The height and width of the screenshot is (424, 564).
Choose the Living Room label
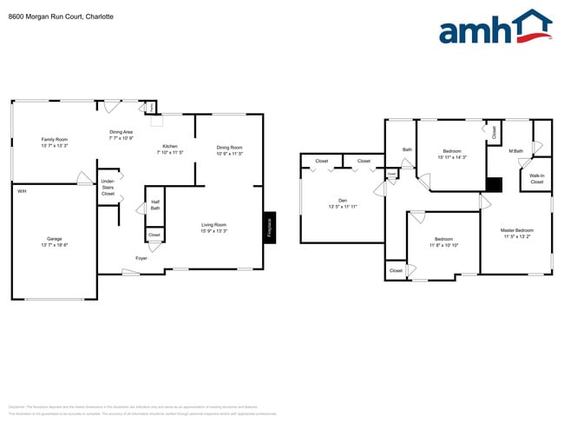coord(213,228)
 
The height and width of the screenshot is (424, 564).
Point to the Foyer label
coord(141,259)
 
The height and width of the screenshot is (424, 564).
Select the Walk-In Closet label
coord(536,178)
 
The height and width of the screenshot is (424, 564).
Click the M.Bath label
coord(516,151)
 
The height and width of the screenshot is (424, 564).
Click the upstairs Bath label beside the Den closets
coord(407,149)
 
